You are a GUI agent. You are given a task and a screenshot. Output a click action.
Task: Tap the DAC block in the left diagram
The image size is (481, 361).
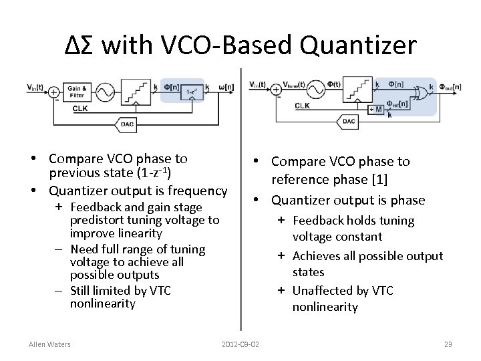click(x=126, y=124)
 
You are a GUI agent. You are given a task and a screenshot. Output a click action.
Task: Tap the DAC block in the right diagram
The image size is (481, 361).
click(x=348, y=121)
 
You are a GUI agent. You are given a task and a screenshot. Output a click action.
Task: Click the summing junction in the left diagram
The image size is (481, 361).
click(x=53, y=92)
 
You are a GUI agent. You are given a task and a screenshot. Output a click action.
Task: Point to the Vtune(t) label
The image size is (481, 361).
click(x=294, y=84)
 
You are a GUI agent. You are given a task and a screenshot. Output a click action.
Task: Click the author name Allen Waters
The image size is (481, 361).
click(x=50, y=344)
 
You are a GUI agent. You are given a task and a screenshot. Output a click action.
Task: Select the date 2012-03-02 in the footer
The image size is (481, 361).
click(x=240, y=344)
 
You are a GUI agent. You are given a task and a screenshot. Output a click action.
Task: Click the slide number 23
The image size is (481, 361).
click(x=448, y=344)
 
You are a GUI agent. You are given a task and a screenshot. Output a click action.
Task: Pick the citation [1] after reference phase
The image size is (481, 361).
click(x=381, y=180)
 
